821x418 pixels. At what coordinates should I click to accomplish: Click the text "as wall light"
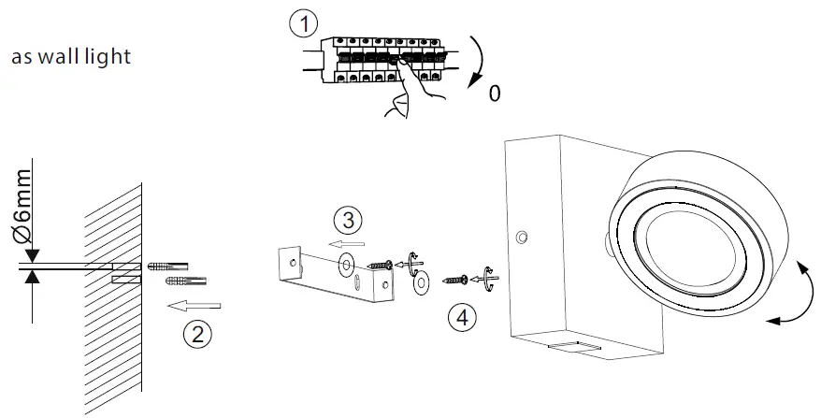point(70,58)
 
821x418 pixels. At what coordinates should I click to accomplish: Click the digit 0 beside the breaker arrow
point(494,95)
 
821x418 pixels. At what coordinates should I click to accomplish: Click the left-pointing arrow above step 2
point(199,304)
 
